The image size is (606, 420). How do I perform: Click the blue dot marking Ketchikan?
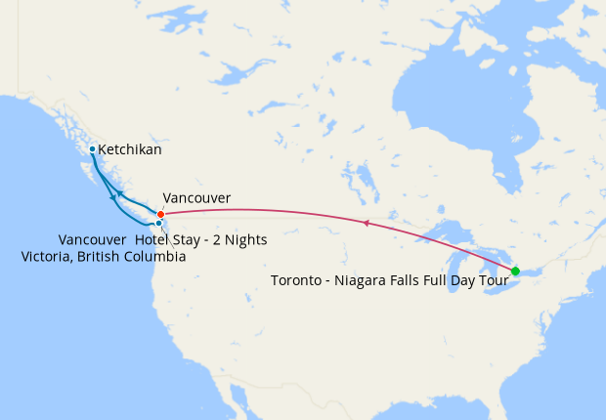point(92,149)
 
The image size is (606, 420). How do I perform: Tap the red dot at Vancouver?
point(160,213)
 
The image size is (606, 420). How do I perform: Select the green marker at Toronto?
point(515,271)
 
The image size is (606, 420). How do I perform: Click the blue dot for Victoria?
point(158,224)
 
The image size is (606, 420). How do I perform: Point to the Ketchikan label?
point(130,150)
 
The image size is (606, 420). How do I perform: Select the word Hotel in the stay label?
point(156,239)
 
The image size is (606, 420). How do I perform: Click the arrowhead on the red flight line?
point(366,224)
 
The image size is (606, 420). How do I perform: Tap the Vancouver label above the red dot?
point(196,198)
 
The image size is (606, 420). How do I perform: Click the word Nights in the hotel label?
point(260,239)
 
